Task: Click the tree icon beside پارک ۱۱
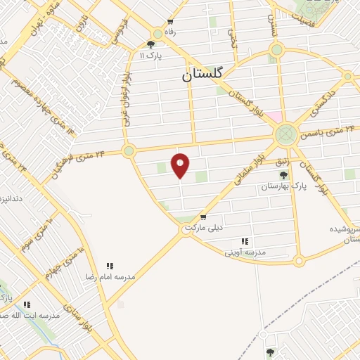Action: pos(150,44)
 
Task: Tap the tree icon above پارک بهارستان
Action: pos(283,174)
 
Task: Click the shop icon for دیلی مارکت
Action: pos(202,217)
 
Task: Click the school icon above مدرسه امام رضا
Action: pos(110,266)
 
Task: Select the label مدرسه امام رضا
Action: pos(110,277)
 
